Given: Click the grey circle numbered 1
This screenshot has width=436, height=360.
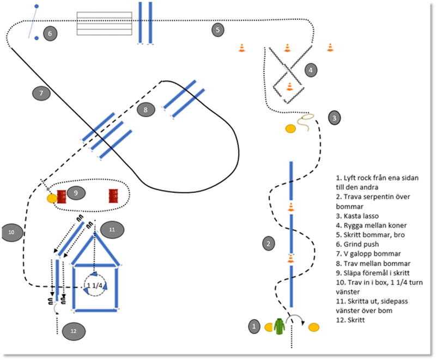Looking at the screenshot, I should pyautogui.click(x=254, y=327).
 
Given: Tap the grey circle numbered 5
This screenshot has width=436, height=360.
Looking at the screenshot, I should pyautogui.click(x=217, y=30).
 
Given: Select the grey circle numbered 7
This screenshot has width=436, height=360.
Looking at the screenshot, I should pyautogui.click(x=41, y=93).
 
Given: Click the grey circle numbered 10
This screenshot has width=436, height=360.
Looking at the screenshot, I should pyautogui.click(x=12, y=233).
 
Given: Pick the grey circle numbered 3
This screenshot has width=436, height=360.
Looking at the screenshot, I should pyautogui.click(x=335, y=117).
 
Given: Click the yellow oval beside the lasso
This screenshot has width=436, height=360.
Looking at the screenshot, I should pyautogui.click(x=290, y=129).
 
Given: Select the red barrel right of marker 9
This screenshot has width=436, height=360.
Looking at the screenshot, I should pyautogui.click(x=113, y=196).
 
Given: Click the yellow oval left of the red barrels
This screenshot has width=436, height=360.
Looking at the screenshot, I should pyautogui.click(x=52, y=198).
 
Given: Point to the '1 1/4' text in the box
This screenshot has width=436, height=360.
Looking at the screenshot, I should pyautogui.click(x=94, y=285).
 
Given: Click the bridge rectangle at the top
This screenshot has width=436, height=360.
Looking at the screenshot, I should pyautogui.click(x=104, y=23).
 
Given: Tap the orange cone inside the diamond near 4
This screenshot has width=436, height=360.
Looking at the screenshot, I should pyautogui.click(x=289, y=86).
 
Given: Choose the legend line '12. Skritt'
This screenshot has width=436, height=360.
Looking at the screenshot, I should pyautogui.click(x=354, y=320).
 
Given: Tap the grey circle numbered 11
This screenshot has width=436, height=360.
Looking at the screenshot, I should pyautogui.click(x=112, y=230).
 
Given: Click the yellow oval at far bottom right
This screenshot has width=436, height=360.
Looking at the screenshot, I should pyautogui.click(x=313, y=327).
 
